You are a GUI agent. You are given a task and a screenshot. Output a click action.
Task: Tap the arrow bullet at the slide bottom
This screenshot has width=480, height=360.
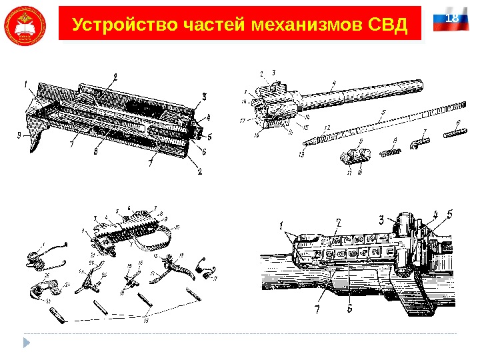click(27, 342)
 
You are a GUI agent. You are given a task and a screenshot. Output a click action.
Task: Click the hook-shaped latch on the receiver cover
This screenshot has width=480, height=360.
click(35, 140)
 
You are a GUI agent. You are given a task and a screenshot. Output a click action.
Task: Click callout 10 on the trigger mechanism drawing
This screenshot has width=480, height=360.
click(177, 227)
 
